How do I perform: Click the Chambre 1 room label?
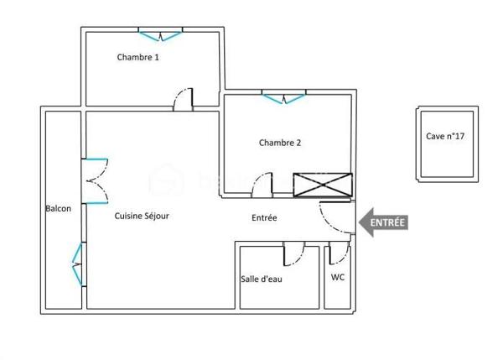point(137,58)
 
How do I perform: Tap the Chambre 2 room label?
point(280,143)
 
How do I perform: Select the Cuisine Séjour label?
point(142,216)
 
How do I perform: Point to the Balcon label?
point(58,208)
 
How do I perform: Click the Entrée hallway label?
point(264,218)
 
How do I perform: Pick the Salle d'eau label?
point(262,279)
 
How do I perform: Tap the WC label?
point(338,277)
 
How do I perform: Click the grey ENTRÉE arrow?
point(383,222)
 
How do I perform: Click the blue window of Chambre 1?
point(160,35)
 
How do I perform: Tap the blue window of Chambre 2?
point(284,99)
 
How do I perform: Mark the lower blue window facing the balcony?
point(79,263)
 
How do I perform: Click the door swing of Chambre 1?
point(183,100)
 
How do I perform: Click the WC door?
point(339,253)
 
